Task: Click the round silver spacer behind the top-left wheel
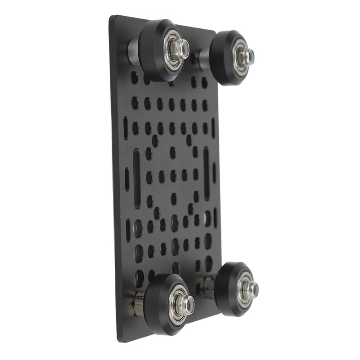[134, 51]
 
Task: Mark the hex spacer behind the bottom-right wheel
[209, 287]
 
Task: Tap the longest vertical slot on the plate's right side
[206, 173]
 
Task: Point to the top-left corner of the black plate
[111, 17]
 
